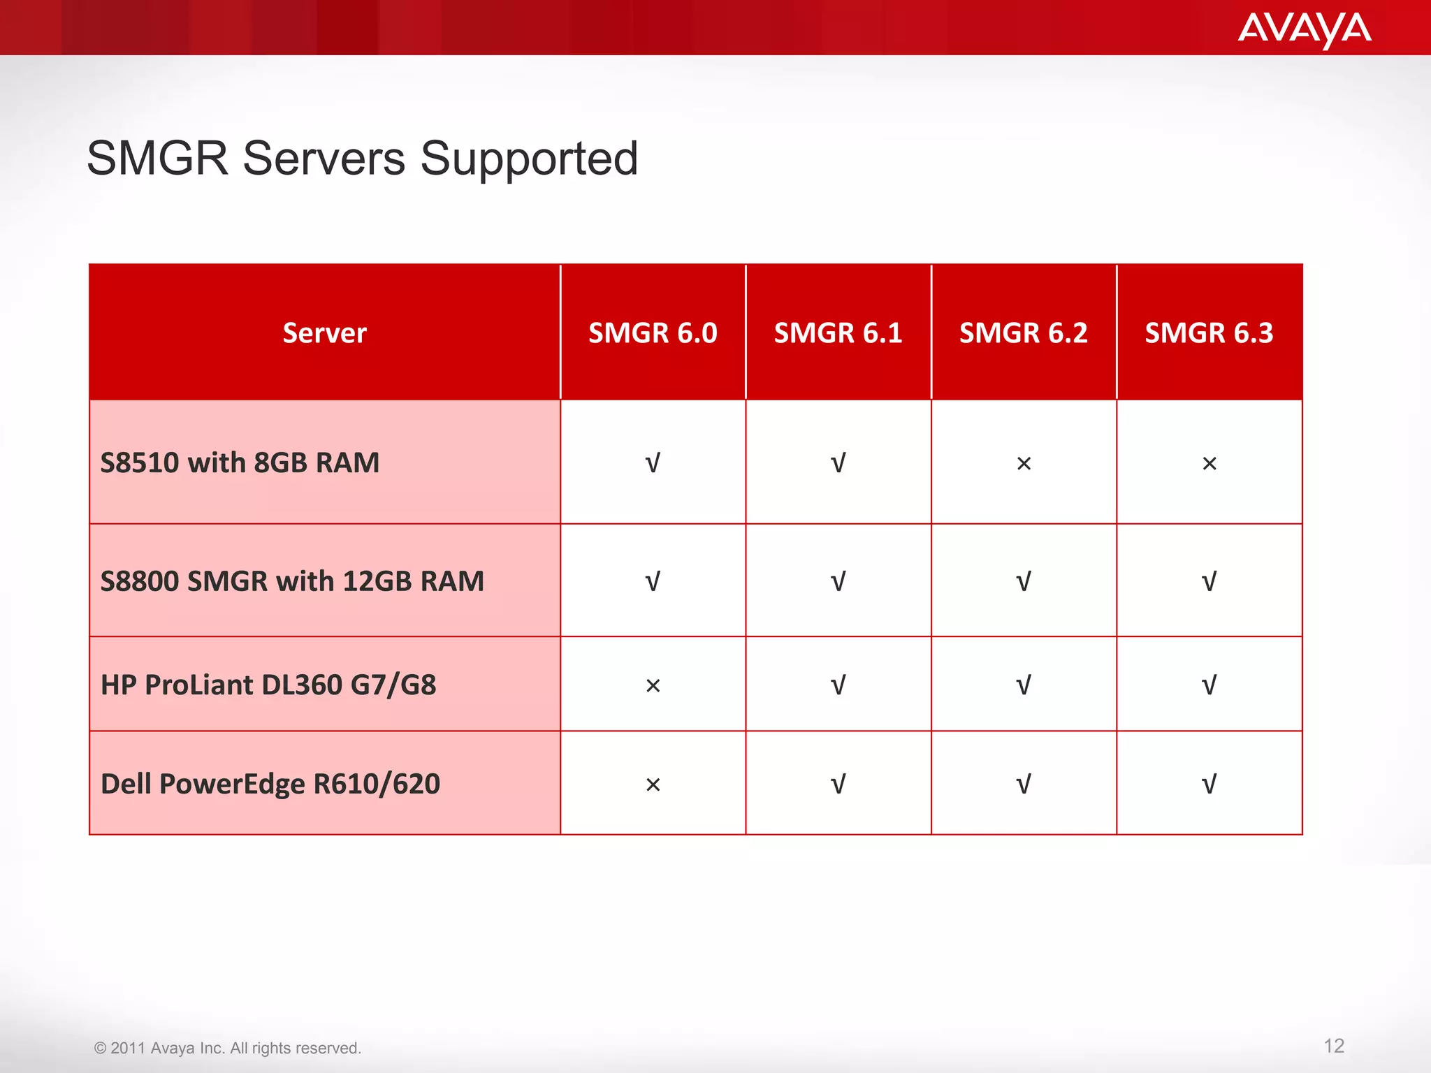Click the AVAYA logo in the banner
coord(1304,29)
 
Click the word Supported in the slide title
coord(529,159)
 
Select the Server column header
coord(324,333)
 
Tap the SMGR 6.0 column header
coord(653,333)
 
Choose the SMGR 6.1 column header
coord(838,333)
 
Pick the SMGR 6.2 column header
coord(1023,333)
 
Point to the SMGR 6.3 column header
coord(1209,333)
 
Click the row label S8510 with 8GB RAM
coord(240,462)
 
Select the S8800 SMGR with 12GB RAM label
coord(292,581)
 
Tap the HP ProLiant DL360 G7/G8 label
coord(268,685)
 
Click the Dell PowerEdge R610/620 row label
coord(270,784)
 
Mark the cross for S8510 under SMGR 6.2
coord(1024,463)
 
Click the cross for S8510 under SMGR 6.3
coord(1210,463)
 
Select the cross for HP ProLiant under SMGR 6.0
coord(653,686)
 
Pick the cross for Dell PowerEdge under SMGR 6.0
coord(653,785)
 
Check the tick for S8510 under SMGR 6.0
coord(653,463)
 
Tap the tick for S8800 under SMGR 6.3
coord(1209,581)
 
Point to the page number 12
coord(1333,1046)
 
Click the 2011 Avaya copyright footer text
coord(228,1048)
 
